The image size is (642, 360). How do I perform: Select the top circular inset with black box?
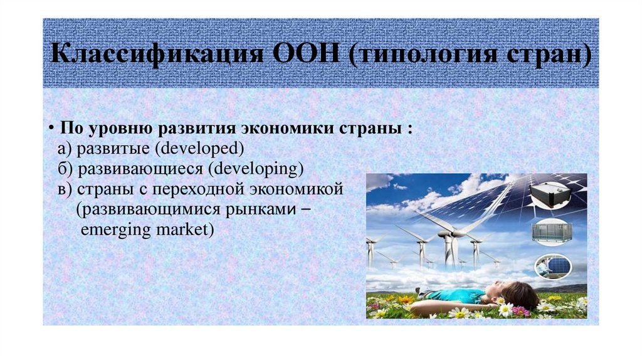pos(553,195)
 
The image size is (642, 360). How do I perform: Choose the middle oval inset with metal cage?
pos(552,232)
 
